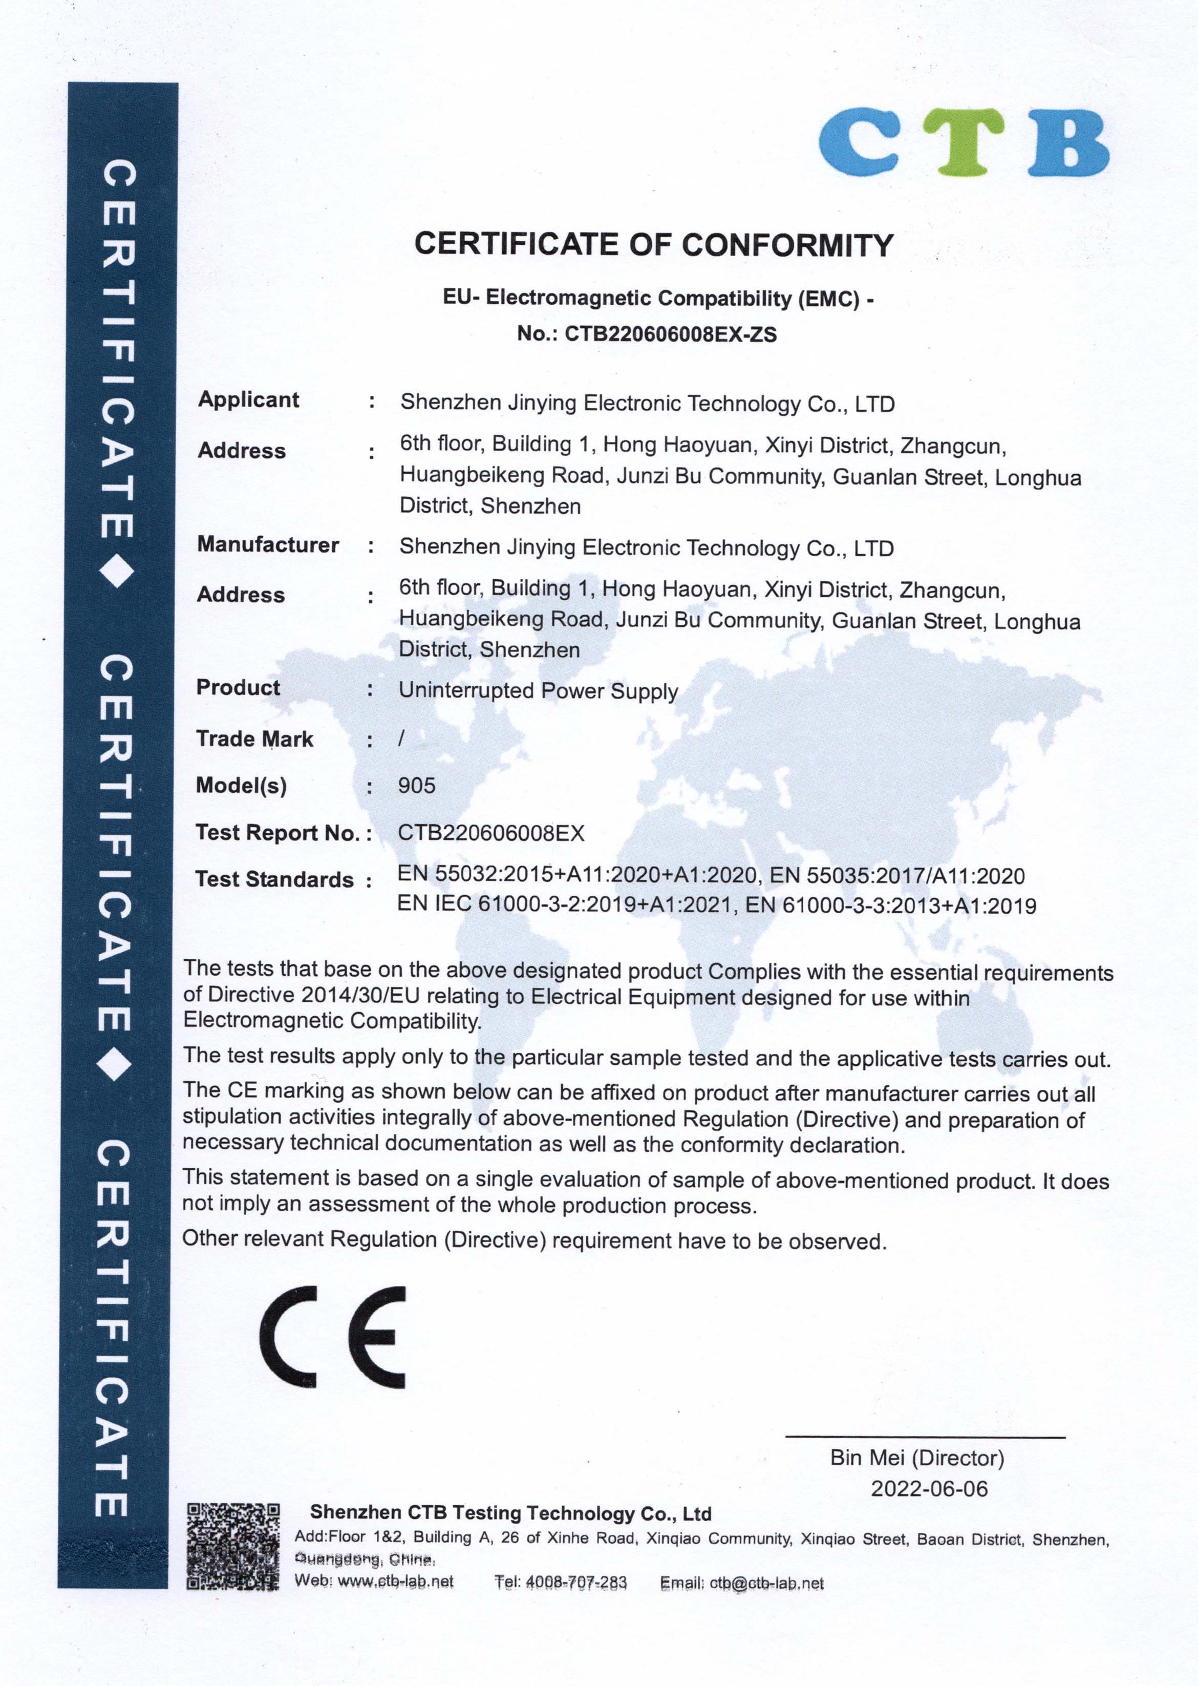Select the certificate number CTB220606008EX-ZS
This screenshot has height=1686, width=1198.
point(671,334)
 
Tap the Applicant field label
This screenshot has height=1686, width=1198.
point(249,400)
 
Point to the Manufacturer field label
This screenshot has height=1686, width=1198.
point(268,544)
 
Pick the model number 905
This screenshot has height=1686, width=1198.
point(417,785)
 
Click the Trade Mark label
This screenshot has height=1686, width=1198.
point(254,739)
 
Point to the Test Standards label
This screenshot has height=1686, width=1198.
point(274,879)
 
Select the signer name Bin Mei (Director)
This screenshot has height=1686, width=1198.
point(917,1458)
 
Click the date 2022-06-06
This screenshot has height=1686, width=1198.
point(929,1488)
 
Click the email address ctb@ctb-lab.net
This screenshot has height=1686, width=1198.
point(766,1583)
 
